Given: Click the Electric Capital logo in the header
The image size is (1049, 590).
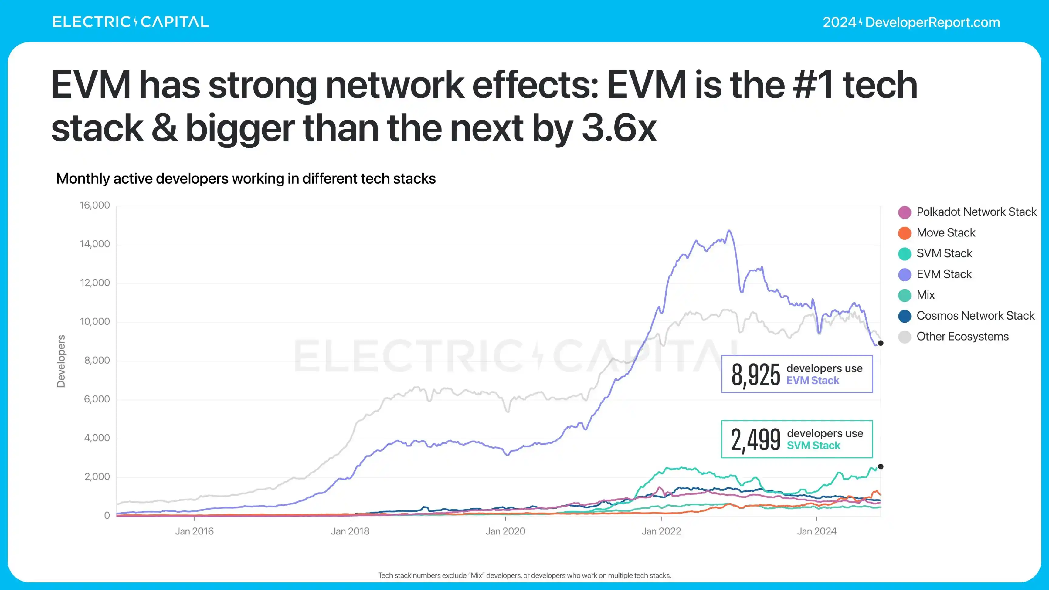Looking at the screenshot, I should coord(130,22).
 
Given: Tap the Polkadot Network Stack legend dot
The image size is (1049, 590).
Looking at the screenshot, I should coord(905,212).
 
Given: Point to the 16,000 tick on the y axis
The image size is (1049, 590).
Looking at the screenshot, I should coord(94,205).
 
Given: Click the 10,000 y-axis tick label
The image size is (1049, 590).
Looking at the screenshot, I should coord(94,322).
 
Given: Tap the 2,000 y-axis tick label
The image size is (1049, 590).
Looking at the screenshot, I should coord(97,477).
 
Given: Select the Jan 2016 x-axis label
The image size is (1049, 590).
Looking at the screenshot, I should coord(194,531).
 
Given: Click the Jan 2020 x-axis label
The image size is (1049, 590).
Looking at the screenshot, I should coord(505,531).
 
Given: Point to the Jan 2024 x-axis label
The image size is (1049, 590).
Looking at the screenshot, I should coord(816,531).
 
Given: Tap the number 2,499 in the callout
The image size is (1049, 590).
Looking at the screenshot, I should coord(755,440).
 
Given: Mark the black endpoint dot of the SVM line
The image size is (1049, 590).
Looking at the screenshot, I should coord(881,466).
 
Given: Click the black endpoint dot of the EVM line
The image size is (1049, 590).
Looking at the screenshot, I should coord(881,343).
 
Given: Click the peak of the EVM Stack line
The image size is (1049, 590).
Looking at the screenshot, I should coord(729,231).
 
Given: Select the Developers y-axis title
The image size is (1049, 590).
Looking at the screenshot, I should coord(61,361).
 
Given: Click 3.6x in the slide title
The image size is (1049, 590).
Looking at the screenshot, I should coord(619,128).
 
